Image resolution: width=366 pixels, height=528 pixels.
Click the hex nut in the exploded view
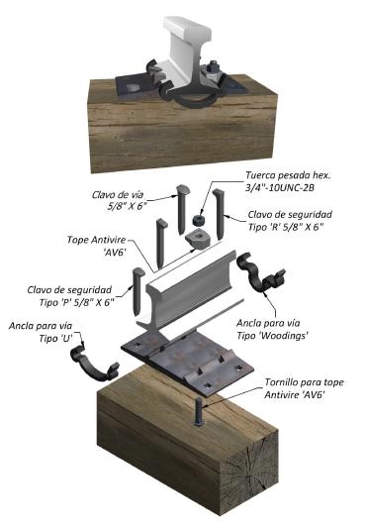[199, 220]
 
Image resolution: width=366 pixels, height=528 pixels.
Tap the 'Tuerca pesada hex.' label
[288, 175]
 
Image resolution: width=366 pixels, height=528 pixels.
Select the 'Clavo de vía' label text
[118, 194]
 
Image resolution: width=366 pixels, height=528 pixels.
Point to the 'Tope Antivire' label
[97, 240]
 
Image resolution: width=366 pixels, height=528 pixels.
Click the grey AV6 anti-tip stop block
[198, 239]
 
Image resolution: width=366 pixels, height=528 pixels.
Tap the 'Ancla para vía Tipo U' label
[42, 332]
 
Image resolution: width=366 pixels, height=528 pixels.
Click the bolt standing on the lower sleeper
[199, 412]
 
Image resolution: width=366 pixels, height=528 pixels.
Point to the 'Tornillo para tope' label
[304, 382]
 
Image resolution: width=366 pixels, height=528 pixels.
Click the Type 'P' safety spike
[137, 291]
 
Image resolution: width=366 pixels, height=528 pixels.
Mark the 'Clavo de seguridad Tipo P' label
[70, 296]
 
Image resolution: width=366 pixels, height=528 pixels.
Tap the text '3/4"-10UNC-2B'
[280, 187]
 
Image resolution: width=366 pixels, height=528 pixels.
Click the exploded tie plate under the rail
[188, 362]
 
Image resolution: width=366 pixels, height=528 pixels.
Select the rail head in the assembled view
[187, 27]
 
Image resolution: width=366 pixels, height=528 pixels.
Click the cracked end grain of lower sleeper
[249, 474]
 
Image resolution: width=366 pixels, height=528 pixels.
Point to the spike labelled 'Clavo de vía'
[182, 209]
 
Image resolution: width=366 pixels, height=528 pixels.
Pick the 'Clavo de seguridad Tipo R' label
[290, 221]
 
